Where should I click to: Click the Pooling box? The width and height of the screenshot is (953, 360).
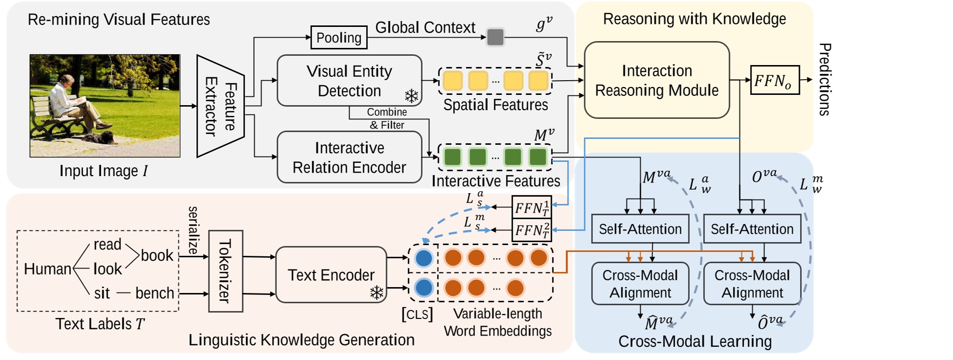339,38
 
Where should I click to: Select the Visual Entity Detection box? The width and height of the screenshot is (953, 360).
349,81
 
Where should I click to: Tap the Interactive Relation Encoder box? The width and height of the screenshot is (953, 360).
349,157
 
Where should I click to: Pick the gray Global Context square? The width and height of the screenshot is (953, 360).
495,37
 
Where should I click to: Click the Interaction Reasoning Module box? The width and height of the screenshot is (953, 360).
657,80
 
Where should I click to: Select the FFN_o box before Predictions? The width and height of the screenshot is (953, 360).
774,80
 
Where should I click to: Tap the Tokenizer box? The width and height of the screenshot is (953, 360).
226,271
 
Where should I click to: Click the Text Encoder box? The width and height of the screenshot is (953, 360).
331,275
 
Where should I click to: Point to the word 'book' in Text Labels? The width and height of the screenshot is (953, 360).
157,255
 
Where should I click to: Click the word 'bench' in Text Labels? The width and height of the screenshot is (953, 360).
155,293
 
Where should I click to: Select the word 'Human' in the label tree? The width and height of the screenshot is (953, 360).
47,269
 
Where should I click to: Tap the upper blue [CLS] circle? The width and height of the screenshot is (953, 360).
424,258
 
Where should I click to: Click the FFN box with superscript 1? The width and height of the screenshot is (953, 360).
531,208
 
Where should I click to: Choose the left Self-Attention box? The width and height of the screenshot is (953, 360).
640,229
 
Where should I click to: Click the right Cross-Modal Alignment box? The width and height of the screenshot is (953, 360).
752,284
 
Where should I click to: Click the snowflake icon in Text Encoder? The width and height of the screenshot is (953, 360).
376,293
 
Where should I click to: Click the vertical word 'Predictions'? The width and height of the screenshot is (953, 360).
824,80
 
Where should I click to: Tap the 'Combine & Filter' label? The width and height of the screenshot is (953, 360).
386,118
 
